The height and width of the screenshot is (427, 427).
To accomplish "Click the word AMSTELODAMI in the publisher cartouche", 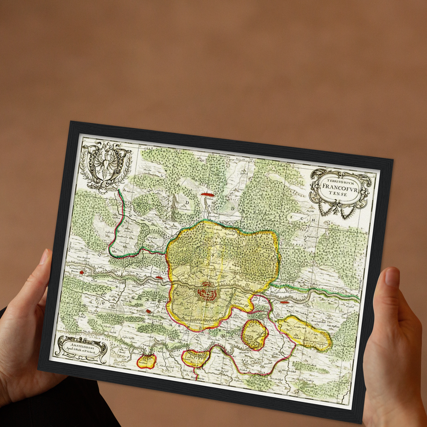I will pyautogui.click(x=81, y=344).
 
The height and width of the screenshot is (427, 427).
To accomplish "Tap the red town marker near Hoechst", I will pyautogui.click(x=283, y=302).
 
